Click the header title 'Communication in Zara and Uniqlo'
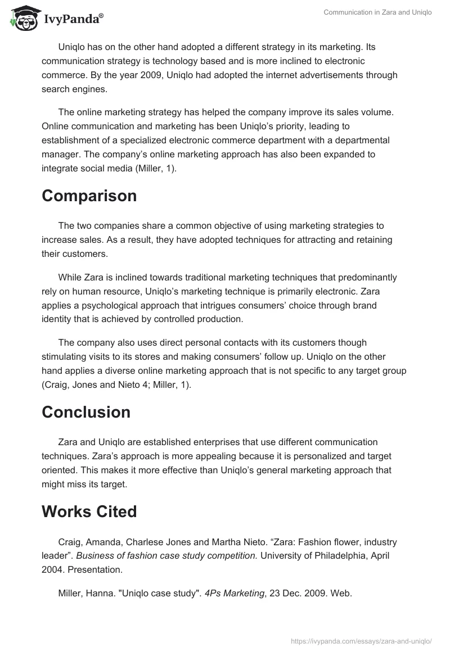point(377,12)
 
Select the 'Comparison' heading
point(89,196)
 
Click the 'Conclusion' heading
point(86,412)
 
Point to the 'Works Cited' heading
point(89,512)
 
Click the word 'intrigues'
point(219,306)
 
